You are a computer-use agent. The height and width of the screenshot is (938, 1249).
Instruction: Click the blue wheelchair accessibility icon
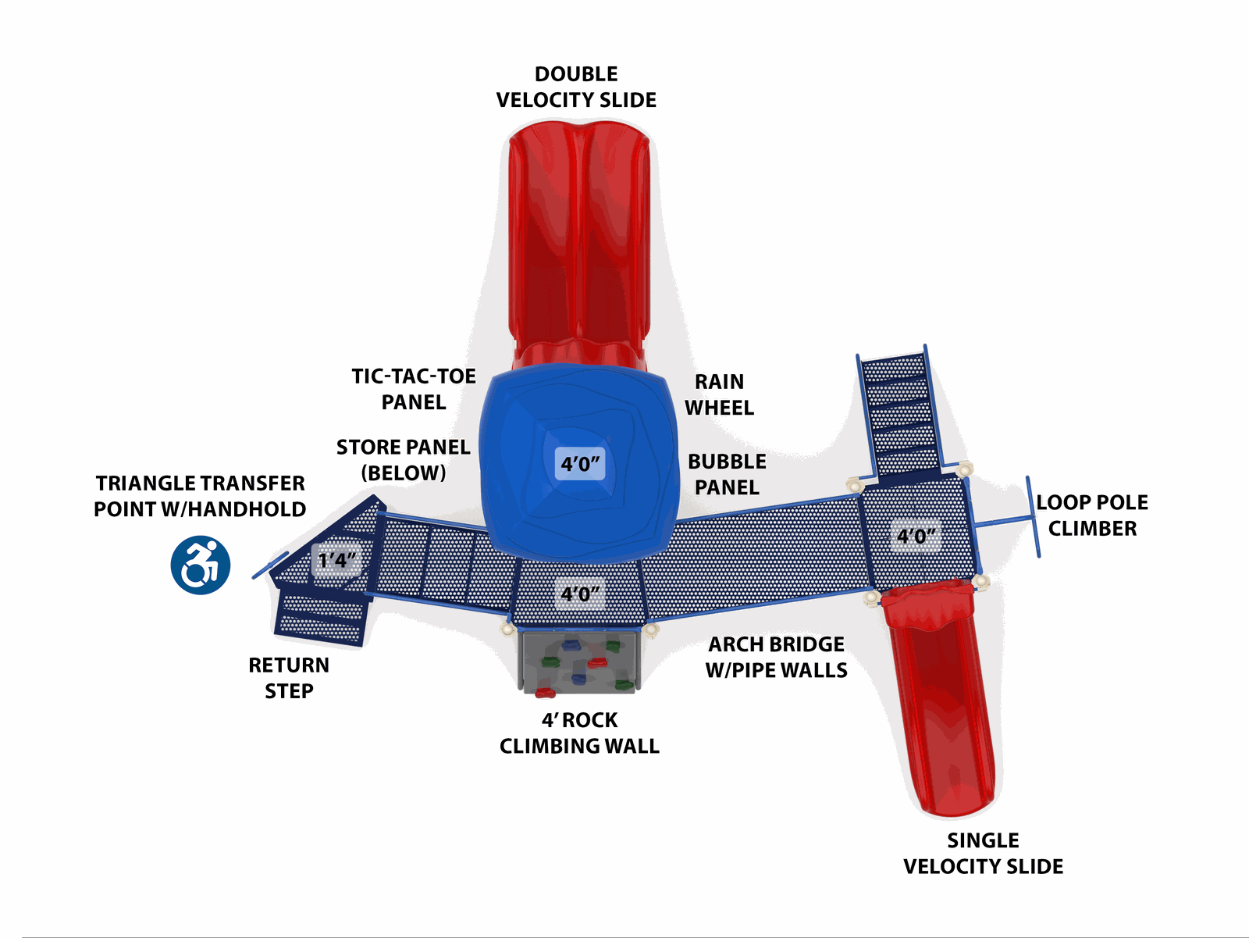(x=201, y=565)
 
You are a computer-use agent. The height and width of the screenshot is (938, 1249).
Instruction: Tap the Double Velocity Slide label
(x=576, y=87)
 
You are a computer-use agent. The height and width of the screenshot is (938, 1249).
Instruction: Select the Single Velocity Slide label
(x=983, y=853)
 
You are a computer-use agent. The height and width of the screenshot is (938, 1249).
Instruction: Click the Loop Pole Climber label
(x=1092, y=515)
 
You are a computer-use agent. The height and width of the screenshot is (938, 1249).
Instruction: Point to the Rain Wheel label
(x=719, y=394)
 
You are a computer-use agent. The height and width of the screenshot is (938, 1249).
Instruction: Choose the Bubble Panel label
(x=727, y=474)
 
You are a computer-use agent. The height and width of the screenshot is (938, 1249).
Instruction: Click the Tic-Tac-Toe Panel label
(x=414, y=389)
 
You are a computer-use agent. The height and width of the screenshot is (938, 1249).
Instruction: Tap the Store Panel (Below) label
(x=403, y=460)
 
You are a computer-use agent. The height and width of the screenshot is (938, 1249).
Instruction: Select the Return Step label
(x=289, y=678)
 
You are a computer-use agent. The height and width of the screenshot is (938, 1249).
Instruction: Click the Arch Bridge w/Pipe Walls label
(x=776, y=657)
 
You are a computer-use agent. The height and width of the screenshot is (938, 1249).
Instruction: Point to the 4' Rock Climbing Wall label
(x=579, y=733)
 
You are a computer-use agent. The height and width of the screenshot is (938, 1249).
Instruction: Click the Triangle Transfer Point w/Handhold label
(x=200, y=496)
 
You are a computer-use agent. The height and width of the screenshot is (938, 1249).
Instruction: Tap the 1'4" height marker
(x=337, y=560)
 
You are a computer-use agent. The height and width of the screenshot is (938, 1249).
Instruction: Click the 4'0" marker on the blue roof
(x=580, y=464)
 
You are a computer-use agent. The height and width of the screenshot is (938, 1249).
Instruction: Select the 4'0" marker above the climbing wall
(x=580, y=594)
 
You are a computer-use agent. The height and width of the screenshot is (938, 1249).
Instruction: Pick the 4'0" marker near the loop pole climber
(x=916, y=536)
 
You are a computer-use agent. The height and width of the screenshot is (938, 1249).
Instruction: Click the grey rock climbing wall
(x=579, y=663)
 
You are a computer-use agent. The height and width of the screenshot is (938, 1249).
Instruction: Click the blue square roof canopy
(x=579, y=462)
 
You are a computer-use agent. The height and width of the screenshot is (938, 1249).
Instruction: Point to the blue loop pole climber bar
(x=1033, y=517)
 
